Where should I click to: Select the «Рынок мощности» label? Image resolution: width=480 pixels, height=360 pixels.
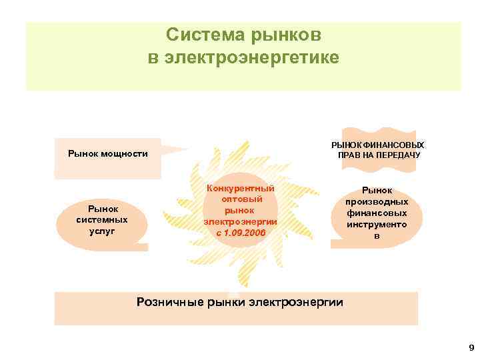click(108, 154)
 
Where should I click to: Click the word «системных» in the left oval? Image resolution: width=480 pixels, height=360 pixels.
click(102, 219)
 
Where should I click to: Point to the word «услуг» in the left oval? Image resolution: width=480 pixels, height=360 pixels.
click(102, 230)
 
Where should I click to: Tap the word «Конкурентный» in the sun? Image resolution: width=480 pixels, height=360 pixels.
click(241, 189)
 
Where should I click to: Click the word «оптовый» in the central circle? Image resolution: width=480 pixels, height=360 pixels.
click(241, 199)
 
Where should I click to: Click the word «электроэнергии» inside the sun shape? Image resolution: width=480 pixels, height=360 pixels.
click(241, 221)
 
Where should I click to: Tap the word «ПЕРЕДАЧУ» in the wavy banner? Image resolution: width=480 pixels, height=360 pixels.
click(398, 155)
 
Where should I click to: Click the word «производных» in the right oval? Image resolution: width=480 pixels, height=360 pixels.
click(377, 201)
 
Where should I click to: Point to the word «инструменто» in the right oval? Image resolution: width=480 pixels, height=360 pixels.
click(377, 225)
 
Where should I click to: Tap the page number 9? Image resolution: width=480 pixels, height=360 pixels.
click(471, 347)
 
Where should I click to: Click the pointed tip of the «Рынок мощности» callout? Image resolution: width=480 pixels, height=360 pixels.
click(188, 149)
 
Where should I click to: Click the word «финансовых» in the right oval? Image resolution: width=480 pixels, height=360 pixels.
click(377, 213)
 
